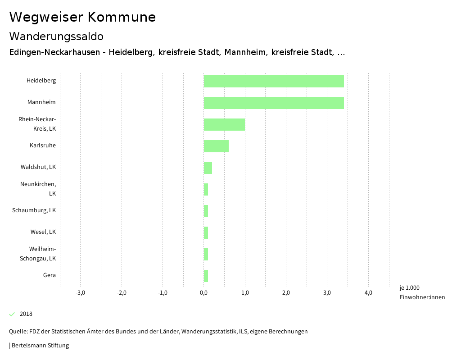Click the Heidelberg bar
(x=274, y=81)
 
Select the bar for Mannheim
(x=274, y=103)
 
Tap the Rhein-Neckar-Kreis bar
(x=224, y=124)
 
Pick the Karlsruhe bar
(x=216, y=146)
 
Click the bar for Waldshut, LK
(x=208, y=168)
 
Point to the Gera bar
(x=206, y=276)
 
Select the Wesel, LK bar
(x=206, y=232)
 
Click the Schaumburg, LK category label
(x=34, y=210)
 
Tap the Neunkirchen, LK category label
(x=38, y=189)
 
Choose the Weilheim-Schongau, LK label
(x=38, y=254)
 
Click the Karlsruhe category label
(x=43, y=146)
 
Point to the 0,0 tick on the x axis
(x=204, y=293)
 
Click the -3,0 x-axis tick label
(x=80, y=293)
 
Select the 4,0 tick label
(x=368, y=293)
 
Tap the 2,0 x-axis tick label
(x=286, y=293)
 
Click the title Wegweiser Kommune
(x=82, y=17)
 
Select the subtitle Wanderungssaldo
(x=56, y=36)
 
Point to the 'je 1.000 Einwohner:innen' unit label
(x=422, y=292)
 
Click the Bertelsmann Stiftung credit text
(x=40, y=346)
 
